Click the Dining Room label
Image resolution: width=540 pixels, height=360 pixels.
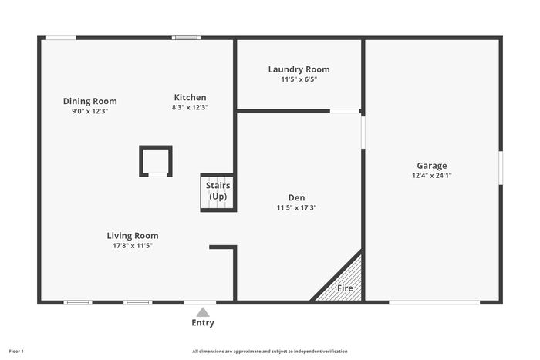point(90,101)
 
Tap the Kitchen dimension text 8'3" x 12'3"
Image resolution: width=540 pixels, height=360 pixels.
point(190,107)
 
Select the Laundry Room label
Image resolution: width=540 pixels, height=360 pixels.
point(299,69)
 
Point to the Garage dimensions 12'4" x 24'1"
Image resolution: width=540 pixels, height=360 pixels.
point(432,176)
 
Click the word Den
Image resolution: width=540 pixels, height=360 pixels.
point(296,198)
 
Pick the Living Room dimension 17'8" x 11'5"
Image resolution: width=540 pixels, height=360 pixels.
point(133,246)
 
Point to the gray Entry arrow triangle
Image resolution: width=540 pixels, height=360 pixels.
point(203,312)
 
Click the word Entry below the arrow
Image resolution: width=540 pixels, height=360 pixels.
point(203,323)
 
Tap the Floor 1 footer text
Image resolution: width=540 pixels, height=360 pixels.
point(16,352)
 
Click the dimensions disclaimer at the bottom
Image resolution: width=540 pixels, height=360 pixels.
point(270,352)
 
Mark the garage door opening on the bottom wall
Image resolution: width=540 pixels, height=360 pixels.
point(434,302)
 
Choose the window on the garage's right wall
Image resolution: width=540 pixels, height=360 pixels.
point(501,167)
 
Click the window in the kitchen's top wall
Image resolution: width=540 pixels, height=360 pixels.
point(187,38)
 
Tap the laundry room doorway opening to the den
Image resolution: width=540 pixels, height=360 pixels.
point(345,111)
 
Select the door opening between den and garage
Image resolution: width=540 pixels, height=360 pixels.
point(363,133)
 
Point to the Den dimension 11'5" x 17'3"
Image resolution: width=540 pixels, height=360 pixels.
point(296,207)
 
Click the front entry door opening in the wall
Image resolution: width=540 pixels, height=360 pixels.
point(200,302)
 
